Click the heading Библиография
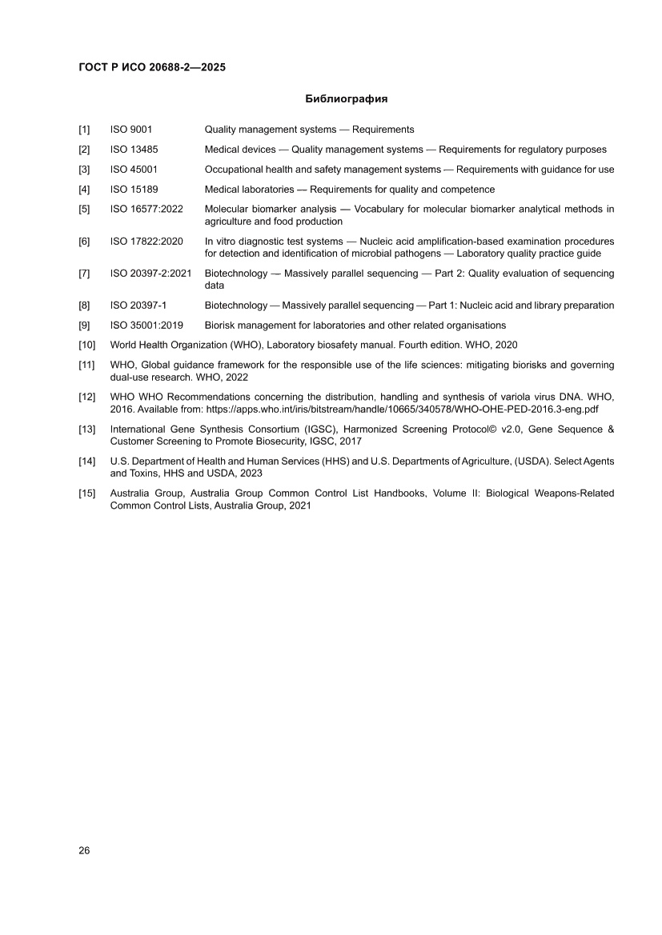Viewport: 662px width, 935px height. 347,99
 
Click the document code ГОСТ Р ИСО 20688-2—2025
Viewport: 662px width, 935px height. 152,68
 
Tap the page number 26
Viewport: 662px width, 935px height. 84,850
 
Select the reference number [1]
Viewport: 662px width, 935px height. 84,130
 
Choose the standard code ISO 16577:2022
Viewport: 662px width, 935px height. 146,210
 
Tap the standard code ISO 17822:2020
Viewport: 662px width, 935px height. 146,242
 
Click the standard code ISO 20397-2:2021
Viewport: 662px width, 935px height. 150,274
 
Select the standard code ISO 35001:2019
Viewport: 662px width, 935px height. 146,326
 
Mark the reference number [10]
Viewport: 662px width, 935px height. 86,346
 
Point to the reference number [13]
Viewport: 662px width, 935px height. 86,429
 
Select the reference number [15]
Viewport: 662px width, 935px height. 86,493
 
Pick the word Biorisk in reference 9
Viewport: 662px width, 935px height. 220,326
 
